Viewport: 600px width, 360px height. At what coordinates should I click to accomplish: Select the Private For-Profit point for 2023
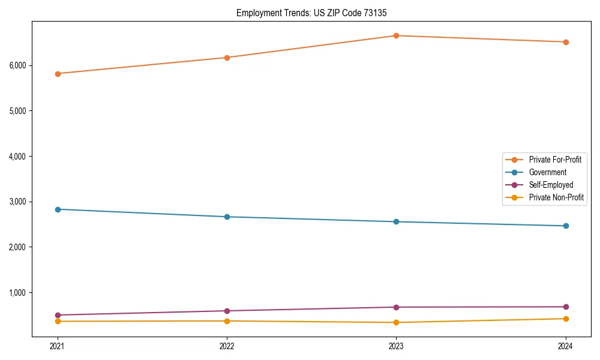click(x=396, y=35)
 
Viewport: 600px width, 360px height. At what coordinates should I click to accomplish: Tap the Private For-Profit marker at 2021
click(x=58, y=74)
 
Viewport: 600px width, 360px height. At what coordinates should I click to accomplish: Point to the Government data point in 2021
click(x=58, y=209)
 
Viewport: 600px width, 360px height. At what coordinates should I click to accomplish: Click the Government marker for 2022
click(x=227, y=217)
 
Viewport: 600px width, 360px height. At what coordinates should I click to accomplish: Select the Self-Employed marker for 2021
click(x=58, y=315)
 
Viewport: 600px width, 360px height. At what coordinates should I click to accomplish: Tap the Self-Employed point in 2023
click(x=396, y=307)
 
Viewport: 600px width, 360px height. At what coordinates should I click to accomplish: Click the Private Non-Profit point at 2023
click(x=396, y=322)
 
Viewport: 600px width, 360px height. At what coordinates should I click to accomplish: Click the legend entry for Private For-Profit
click(x=554, y=160)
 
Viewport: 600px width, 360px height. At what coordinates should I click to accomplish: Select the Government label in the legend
click(x=547, y=172)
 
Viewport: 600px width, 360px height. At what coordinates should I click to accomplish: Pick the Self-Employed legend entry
click(x=551, y=185)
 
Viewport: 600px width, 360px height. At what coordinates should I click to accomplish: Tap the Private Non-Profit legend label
click(x=556, y=197)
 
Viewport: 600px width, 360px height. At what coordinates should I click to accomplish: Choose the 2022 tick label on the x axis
click(x=227, y=346)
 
